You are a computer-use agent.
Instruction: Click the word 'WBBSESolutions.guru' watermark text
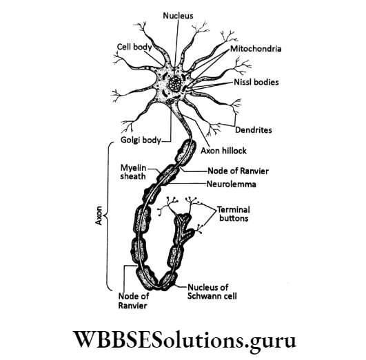point(183,339)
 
